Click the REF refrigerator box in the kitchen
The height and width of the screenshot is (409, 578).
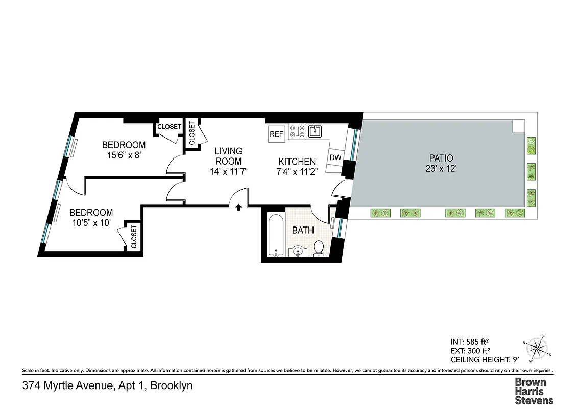pyautogui.click(x=276, y=134)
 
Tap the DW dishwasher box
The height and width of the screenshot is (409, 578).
pyautogui.click(x=335, y=157)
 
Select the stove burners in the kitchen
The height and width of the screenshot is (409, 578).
pyautogui.click(x=297, y=131)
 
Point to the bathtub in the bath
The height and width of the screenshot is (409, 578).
pyautogui.click(x=275, y=236)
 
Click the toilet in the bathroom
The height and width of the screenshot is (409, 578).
pyautogui.click(x=319, y=248)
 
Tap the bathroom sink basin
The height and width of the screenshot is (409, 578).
pyautogui.click(x=298, y=251)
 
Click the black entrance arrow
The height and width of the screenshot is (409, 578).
pyautogui.click(x=238, y=206)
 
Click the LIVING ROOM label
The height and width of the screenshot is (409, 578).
pyautogui.click(x=228, y=156)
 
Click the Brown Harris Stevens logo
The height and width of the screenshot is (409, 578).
pyautogui.click(x=533, y=391)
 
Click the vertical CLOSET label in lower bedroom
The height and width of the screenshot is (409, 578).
pyautogui.click(x=134, y=237)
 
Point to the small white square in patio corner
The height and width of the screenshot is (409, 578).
pyautogui.click(x=518, y=125)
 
